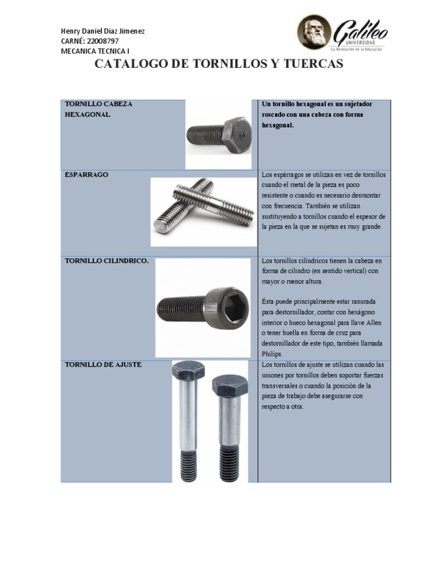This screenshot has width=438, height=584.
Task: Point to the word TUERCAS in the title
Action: click(x=310, y=64)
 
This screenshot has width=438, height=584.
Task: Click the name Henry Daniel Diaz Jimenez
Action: click(x=103, y=31)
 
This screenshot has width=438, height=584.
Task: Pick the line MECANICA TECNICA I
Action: click(x=95, y=51)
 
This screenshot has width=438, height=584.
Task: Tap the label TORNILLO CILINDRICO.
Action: click(x=107, y=261)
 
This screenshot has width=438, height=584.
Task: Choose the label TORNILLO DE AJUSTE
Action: click(x=103, y=364)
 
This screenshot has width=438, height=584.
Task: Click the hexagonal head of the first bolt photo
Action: click(x=237, y=135)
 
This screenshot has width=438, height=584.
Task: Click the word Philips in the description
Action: click(x=271, y=354)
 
